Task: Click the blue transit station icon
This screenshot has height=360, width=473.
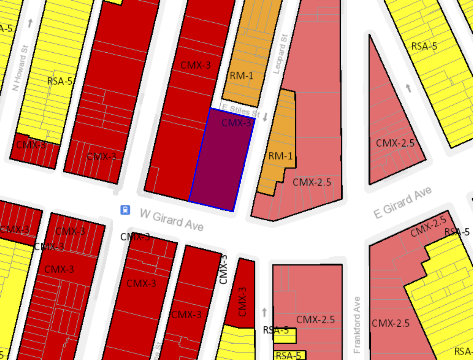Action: tap(125, 210)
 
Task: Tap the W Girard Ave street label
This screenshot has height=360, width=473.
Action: tap(171, 220)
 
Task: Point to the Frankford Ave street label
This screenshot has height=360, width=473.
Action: tap(357, 325)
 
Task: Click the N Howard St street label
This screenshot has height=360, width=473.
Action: tap(20, 68)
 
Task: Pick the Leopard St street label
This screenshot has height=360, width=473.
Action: tap(280, 54)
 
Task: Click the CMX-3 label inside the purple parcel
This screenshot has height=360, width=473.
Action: tap(236, 123)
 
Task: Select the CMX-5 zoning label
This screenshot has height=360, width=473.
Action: tap(31, 145)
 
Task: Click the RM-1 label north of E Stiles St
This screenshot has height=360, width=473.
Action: tap(241, 76)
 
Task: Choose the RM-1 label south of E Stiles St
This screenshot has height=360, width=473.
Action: tap(280, 156)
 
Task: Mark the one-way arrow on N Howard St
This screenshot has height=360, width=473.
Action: tap(30, 23)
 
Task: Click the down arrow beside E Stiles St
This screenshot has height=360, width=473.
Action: tap(265, 117)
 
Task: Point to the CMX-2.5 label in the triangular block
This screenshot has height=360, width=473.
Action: tap(395, 143)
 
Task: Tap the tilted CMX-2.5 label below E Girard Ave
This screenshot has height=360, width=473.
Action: tap(428, 226)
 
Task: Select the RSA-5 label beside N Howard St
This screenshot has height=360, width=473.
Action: tap(60, 81)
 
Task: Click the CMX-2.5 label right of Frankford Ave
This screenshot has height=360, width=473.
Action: tap(390, 323)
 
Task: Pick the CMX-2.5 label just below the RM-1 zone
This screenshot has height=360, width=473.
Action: tap(312, 182)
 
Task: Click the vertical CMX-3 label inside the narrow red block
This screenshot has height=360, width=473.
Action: tap(242, 302)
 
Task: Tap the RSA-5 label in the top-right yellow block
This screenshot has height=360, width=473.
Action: tap(424, 46)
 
